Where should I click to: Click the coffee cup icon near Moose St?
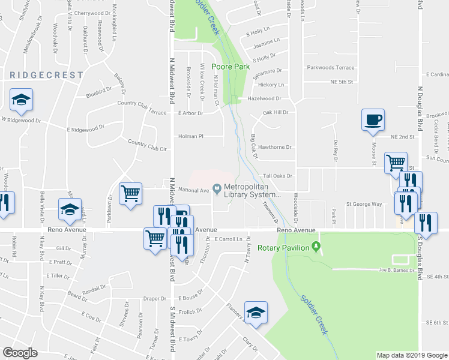372,119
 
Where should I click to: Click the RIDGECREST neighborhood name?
46,75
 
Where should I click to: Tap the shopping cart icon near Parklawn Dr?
130,194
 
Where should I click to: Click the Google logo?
20,352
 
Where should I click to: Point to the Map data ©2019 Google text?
411,355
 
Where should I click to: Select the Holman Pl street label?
191,136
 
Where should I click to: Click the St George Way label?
364,204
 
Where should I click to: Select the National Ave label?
193,191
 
